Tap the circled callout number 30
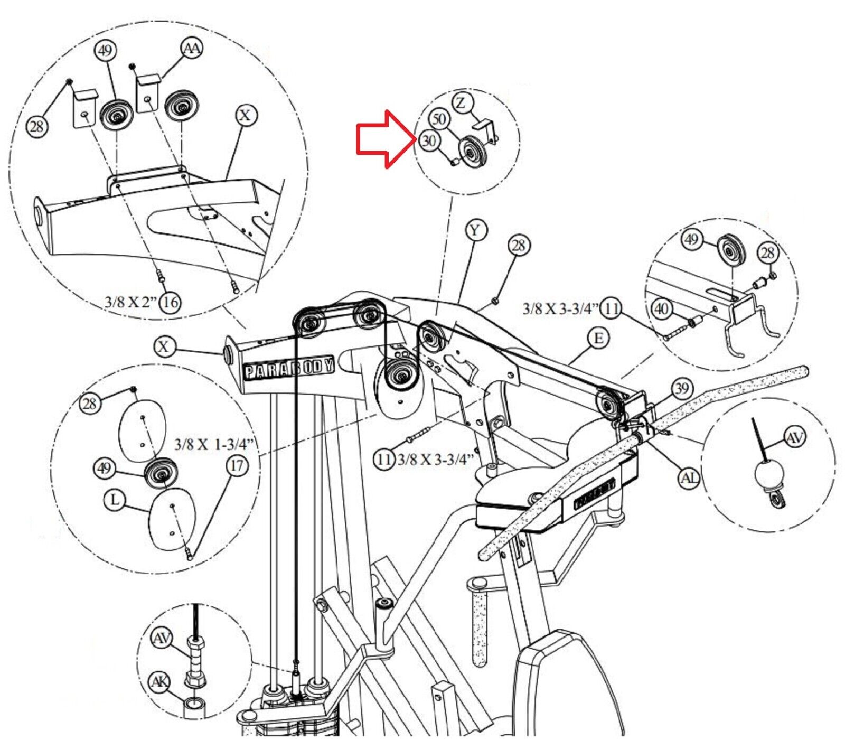point(428,141)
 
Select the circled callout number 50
point(439,119)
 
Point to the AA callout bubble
point(192,49)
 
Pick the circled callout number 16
point(170,302)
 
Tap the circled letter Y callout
point(476,230)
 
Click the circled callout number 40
point(662,308)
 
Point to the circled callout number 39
point(682,389)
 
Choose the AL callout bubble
point(689,478)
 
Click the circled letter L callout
point(116,499)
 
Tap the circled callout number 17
point(237,465)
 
